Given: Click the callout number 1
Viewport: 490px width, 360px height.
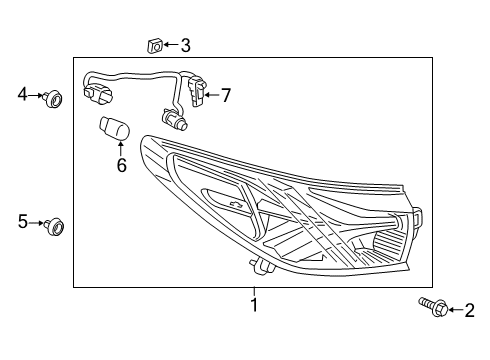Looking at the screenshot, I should pyautogui.click(x=254, y=304).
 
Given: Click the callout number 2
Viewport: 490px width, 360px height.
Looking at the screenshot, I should pyautogui.click(x=468, y=312).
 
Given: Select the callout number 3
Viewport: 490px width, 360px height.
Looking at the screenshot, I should pyautogui.click(x=185, y=45).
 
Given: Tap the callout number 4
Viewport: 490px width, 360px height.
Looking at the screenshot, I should pyautogui.click(x=22, y=95).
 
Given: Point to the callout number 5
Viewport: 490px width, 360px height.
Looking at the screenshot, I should pyautogui.click(x=22, y=222).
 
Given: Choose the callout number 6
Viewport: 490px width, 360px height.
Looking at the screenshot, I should pyautogui.click(x=121, y=165).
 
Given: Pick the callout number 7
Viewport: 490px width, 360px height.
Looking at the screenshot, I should pyautogui.click(x=226, y=96).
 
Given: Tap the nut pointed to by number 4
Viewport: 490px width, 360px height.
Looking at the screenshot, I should pyautogui.click(x=54, y=97).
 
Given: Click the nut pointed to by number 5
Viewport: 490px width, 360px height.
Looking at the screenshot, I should pyautogui.click(x=55, y=227).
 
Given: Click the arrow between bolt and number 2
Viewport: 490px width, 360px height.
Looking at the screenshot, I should pyautogui.click(x=449, y=311).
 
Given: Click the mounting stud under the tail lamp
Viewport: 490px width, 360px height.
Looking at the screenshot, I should pyautogui.click(x=259, y=266).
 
